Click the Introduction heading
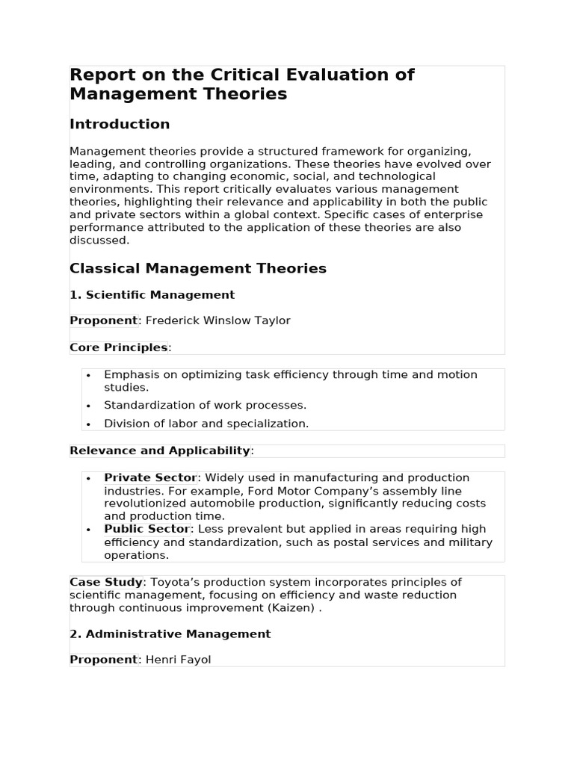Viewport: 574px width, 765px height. (120, 124)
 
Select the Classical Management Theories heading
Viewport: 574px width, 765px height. (198, 268)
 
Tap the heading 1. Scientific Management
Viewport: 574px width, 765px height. (152, 295)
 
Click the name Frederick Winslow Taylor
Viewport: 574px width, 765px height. (217, 320)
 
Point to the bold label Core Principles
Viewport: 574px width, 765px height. (118, 347)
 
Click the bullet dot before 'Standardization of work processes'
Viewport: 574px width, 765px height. (88, 406)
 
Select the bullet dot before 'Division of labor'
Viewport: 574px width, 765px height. (88, 424)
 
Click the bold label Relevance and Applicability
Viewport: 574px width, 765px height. (159, 450)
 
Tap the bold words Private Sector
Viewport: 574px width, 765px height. (149, 477)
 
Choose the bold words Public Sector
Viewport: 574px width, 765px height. (146, 529)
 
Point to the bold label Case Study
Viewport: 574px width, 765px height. (105, 582)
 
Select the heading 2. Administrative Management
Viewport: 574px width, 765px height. (170, 634)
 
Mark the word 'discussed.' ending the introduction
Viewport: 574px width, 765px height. (99, 241)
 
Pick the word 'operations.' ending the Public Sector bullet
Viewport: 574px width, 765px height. (136, 555)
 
